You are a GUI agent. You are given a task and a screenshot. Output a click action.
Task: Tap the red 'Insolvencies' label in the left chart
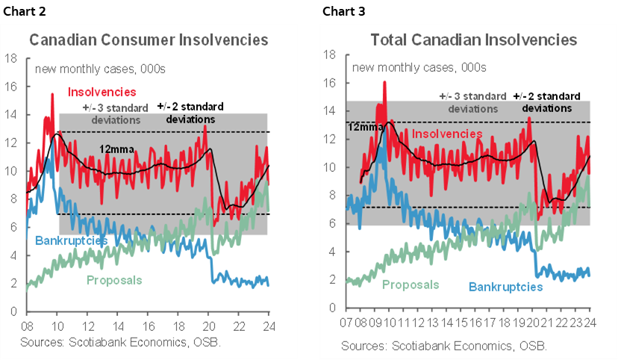click(x=102, y=93)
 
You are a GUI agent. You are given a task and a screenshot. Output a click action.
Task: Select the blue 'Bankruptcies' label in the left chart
click(x=71, y=240)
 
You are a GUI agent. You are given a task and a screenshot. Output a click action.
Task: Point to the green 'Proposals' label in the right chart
click(x=411, y=285)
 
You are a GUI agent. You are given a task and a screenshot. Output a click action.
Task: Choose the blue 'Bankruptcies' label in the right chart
click(x=506, y=286)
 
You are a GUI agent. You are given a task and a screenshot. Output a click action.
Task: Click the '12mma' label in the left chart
click(x=116, y=149)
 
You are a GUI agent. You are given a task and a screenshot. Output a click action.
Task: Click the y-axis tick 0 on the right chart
click(x=331, y=308)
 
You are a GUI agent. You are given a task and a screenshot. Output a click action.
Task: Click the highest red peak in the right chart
click(x=384, y=82)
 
